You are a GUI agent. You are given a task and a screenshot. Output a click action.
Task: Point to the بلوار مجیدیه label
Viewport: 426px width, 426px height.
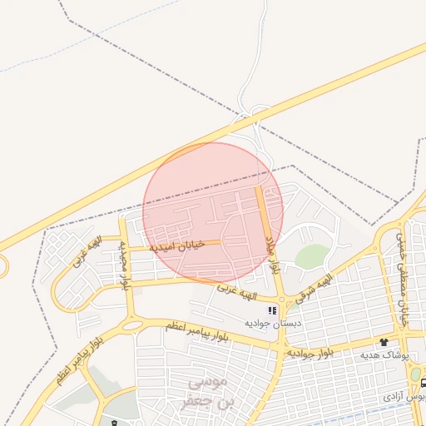pyautogui.click(x=126, y=265)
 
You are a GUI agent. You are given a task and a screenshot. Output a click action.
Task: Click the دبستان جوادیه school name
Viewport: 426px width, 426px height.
pyautogui.click(x=266, y=322)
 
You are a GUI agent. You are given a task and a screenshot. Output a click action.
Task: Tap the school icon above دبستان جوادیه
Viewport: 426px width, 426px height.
pyautogui.click(x=272, y=310)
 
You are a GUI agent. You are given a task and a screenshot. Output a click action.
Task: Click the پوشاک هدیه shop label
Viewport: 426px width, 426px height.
pyautogui.click(x=384, y=354)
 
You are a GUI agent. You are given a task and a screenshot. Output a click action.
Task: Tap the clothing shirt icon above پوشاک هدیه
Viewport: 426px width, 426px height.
pyautogui.click(x=384, y=342)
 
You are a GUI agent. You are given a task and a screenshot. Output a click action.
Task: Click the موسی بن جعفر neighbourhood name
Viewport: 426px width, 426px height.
pyautogui.click(x=205, y=393)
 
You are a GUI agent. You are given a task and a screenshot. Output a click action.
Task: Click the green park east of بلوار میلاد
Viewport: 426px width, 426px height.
pyautogui.click(x=311, y=256)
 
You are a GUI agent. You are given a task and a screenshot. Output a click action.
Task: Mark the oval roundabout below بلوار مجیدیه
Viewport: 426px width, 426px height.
pyautogui.click(x=132, y=325)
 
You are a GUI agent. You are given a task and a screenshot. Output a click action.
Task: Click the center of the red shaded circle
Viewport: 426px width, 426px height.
pyautogui.click(x=213, y=213)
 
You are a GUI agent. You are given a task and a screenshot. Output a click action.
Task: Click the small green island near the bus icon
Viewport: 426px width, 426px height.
pyautogui.click(x=415, y=374)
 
